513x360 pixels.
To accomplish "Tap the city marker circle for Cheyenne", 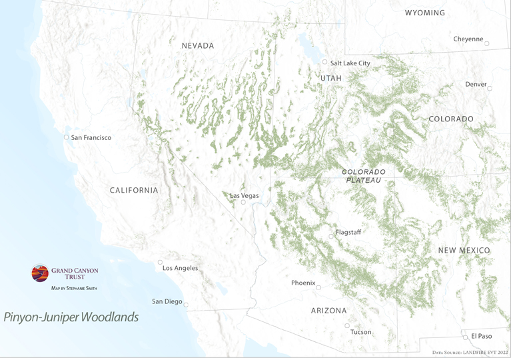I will [487, 44].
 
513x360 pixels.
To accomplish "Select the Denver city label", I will [476, 85].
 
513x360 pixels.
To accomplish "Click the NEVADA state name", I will [198, 46].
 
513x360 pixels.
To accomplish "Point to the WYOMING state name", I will [425, 13].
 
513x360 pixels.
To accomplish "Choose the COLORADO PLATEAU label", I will [363, 176].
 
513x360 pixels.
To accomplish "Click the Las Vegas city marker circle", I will [243, 202].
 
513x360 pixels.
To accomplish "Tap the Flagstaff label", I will [348, 233].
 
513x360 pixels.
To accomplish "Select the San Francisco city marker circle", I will [66, 137].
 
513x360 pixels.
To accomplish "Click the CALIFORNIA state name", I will [134, 191].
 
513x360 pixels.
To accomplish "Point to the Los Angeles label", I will [180, 268].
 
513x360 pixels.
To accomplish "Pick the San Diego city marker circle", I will [186, 305].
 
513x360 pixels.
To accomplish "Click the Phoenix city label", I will [303, 283].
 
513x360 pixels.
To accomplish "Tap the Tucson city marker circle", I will [347, 325].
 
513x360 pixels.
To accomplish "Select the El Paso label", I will [481, 337].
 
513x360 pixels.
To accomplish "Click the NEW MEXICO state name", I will [464, 250].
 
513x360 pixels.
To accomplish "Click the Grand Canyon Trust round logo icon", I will [40, 273].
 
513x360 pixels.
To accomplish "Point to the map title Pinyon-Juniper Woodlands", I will [71, 317].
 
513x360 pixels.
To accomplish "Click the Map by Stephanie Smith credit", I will [74, 289].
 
